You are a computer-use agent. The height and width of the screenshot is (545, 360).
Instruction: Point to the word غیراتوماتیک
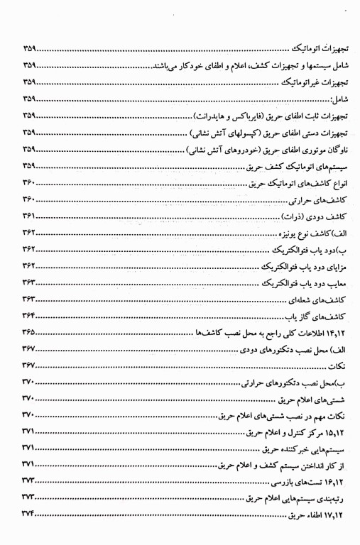pos(288,83)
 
